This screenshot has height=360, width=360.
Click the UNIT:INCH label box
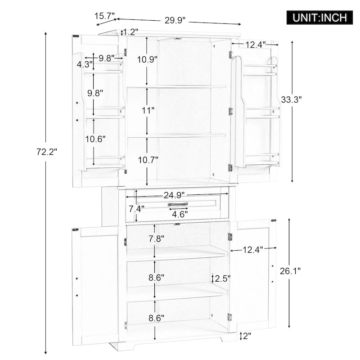320,18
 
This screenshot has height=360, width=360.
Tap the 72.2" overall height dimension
47,152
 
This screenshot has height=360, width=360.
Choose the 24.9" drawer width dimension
175,195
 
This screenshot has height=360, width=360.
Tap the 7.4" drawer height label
136,208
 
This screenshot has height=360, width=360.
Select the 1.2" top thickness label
130,32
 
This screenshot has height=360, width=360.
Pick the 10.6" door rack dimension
95,139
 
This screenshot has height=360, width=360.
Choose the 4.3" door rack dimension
84,64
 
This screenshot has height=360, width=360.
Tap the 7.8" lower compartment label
156,238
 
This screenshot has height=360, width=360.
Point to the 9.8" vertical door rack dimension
95,93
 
